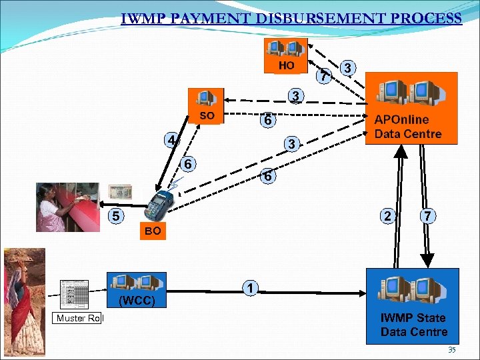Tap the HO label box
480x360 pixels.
[x=286, y=65]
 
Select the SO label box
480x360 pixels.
[x=207, y=115]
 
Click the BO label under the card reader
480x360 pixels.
[x=151, y=231]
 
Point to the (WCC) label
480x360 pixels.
[x=137, y=301]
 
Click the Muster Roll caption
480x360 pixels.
[x=79, y=318]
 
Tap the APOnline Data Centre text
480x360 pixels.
[x=407, y=127]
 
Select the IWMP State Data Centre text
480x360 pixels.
[x=413, y=325]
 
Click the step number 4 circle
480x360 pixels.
[x=172, y=141]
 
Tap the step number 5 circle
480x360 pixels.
[x=116, y=216]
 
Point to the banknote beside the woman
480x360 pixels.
[x=121, y=192]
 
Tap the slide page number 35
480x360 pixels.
[x=451, y=350]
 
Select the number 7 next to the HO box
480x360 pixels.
[x=324, y=76]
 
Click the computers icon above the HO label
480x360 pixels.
[x=285, y=48]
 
